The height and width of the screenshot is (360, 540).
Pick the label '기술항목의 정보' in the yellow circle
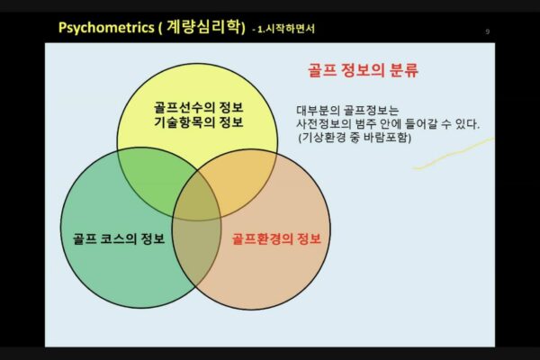click(x=198, y=123)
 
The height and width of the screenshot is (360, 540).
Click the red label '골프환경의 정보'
click(x=276, y=238)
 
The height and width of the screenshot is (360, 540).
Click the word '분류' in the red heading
click(x=402, y=70)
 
